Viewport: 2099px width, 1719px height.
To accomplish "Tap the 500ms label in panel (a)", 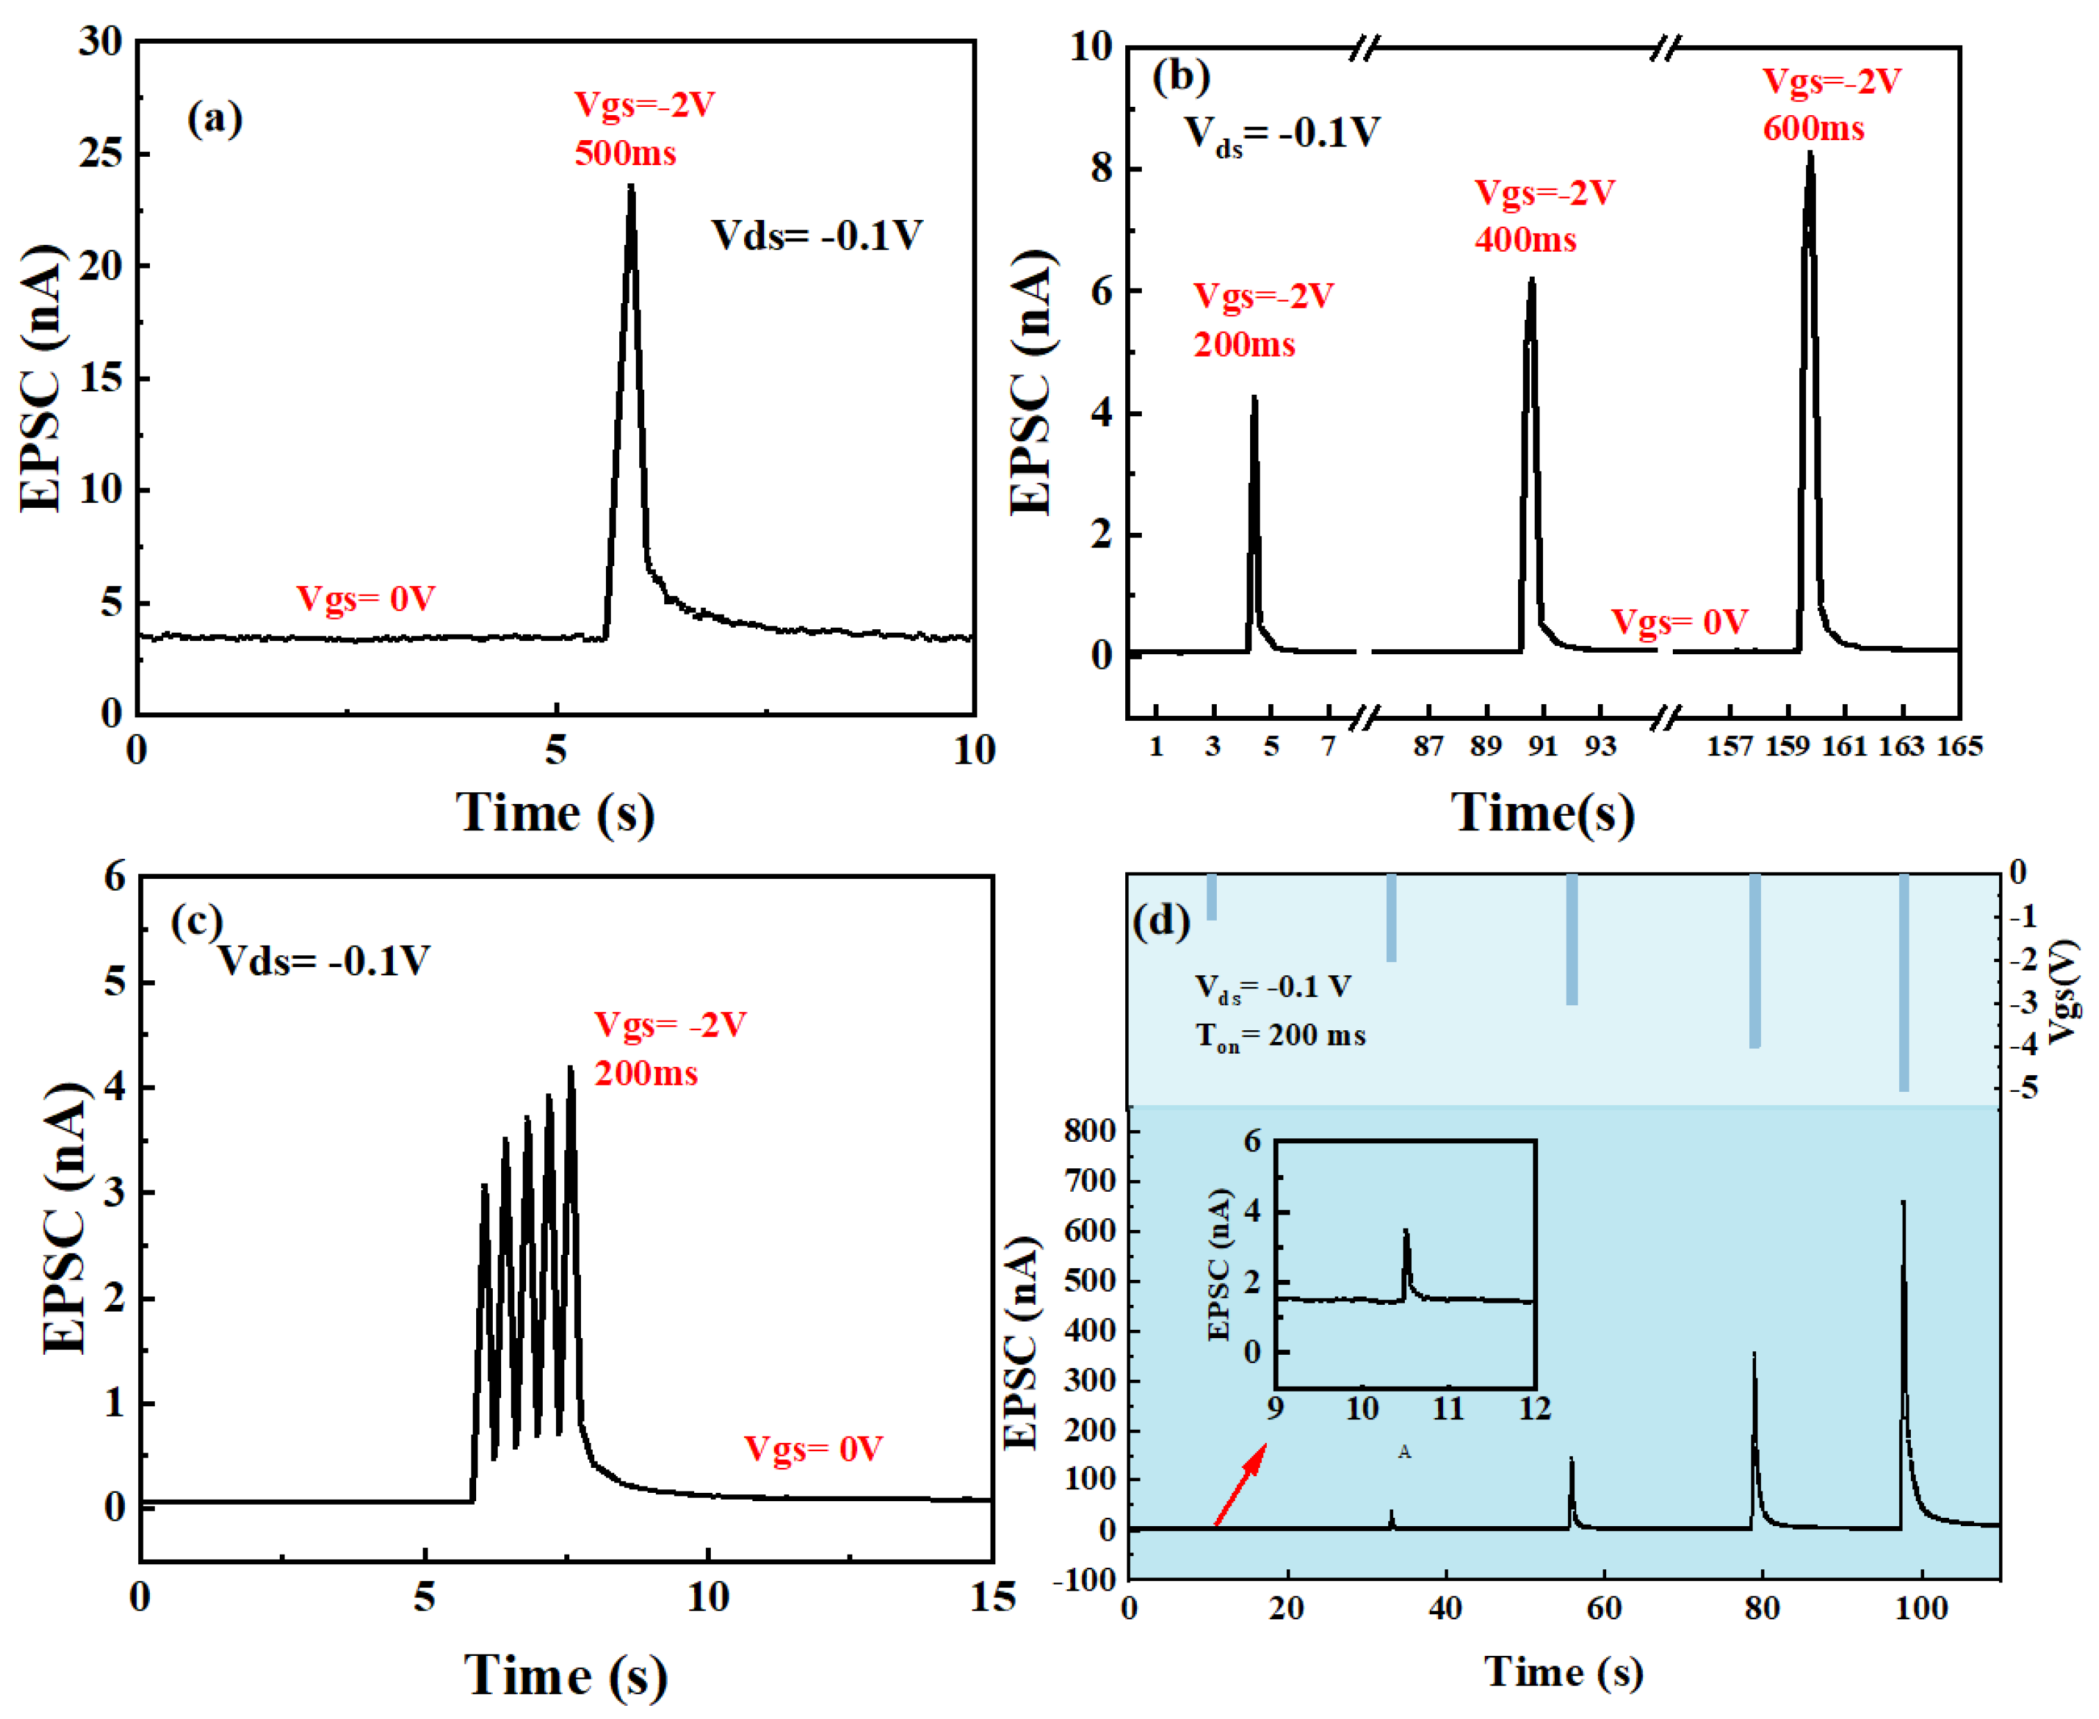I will click(625, 153).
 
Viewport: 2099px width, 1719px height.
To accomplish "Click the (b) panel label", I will click(1181, 76).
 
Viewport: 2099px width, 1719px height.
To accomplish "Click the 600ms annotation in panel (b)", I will click(1813, 129).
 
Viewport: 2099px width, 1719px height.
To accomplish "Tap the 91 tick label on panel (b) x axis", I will click(1542, 746).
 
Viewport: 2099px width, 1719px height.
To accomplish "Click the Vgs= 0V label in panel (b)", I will click(1679, 622).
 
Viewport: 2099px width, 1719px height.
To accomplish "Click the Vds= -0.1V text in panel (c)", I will click(324, 961).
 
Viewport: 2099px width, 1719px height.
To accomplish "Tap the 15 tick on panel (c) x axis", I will click(993, 1597).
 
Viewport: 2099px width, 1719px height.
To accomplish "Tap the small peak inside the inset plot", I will click(1405, 1233).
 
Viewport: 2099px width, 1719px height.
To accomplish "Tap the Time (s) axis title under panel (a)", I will click(555, 814).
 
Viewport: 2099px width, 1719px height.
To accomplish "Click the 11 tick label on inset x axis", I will click(1448, 1408).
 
